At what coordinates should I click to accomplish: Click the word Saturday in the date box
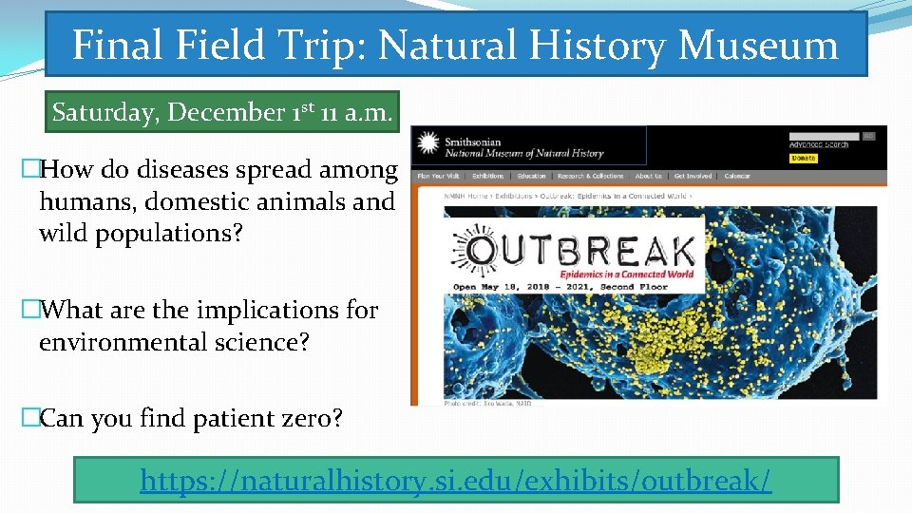105,112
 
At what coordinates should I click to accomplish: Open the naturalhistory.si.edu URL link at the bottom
456,481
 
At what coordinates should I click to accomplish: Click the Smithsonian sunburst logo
428,144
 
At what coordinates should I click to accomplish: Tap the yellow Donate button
803,158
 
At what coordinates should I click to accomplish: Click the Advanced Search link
818,144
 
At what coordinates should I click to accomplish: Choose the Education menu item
531,176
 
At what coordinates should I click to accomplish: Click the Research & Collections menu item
590,176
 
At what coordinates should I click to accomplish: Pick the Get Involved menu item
693,176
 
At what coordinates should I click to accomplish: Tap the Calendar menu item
737,176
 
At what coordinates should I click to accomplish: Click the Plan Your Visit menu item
438,176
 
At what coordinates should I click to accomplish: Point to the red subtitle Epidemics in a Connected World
647,275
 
